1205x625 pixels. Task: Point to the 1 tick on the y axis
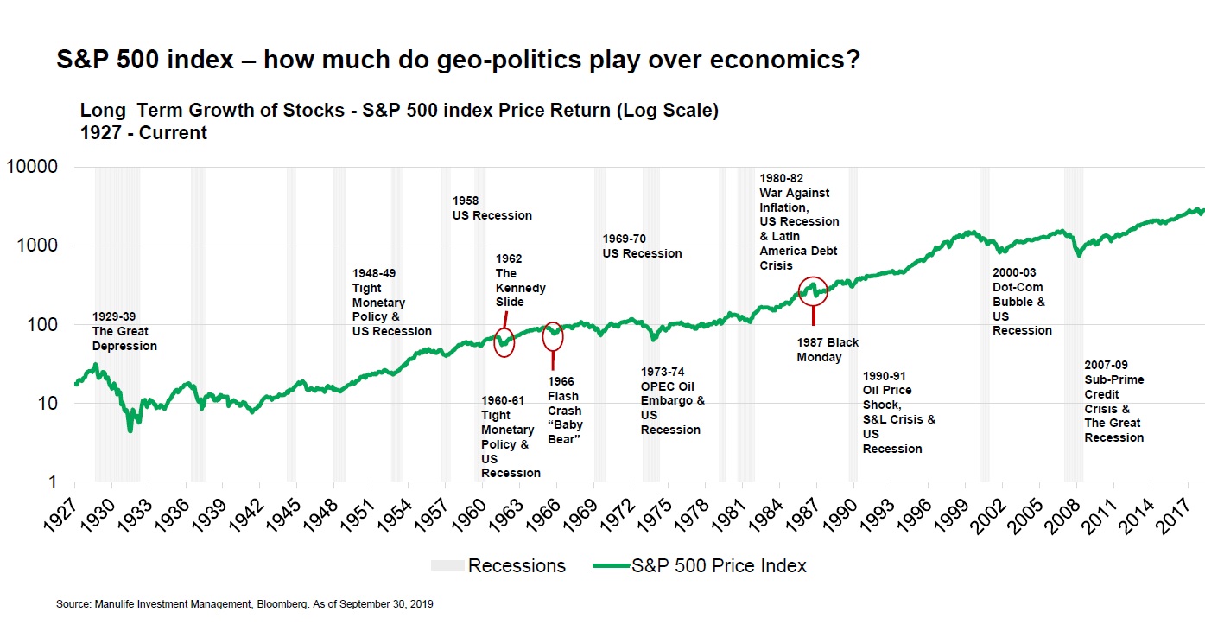[51, 482]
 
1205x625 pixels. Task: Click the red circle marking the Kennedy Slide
[504, 342]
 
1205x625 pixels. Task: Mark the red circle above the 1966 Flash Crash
[553, 336]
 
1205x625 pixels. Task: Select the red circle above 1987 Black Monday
[813, 291]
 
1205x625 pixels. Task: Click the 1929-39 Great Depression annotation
[124, 331]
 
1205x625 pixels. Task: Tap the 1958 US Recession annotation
[492, 208]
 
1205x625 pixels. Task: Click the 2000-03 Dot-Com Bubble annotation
[1022, 309]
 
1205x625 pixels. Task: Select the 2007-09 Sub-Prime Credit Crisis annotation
[1114, 401]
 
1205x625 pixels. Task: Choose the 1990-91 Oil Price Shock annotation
[899, 412]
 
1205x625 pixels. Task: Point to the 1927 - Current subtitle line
[143, 133]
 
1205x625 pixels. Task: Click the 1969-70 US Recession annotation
[642, 246]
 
